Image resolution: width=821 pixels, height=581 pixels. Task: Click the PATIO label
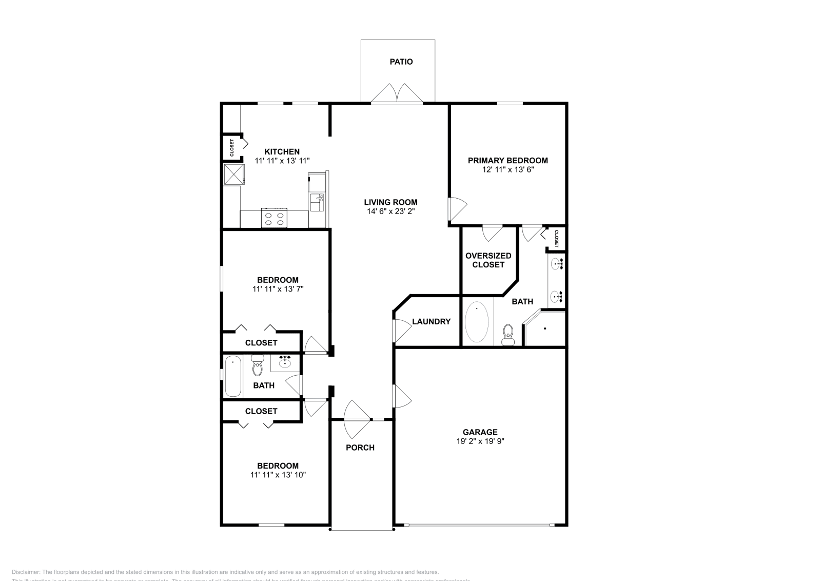pos(401,62)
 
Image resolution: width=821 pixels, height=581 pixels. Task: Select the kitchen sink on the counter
pos(317,202)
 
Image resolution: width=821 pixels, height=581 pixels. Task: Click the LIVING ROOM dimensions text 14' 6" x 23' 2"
pos(390,211)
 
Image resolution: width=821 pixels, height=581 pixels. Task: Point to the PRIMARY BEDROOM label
pos(507,160)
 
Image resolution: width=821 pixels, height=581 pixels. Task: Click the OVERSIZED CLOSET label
pos(488,260)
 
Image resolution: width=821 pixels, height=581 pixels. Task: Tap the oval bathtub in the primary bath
pos(477,322)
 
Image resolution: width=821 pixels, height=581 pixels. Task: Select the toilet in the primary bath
pos(508,335)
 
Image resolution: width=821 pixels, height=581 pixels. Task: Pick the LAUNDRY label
pos(431,322)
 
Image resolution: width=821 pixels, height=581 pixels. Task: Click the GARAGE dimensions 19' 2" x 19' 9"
pos(480,441)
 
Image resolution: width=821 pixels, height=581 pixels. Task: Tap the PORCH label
pos(360,448)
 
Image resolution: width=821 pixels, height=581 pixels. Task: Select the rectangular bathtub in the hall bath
pos(233,377)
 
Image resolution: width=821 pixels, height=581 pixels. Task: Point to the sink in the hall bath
pos(285,363)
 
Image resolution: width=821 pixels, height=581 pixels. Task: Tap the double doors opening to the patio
pos(397,94)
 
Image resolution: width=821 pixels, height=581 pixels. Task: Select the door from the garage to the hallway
pos(402,396)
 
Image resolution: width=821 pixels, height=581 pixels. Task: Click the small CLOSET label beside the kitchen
pos(231,148)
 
